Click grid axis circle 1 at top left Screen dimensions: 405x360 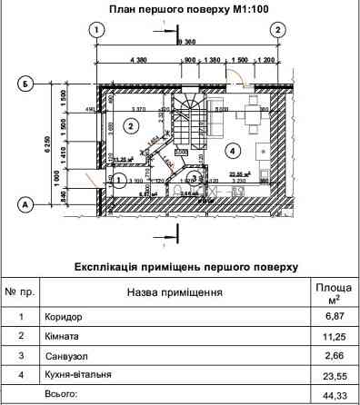click(x=95, y=30)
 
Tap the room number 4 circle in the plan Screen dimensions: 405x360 click(x=233, y=149)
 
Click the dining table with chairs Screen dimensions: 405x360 click(x=245, y=114)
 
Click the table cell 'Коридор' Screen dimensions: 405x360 click(x=64, y=319)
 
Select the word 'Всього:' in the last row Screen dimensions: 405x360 click(x=61, y=396)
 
